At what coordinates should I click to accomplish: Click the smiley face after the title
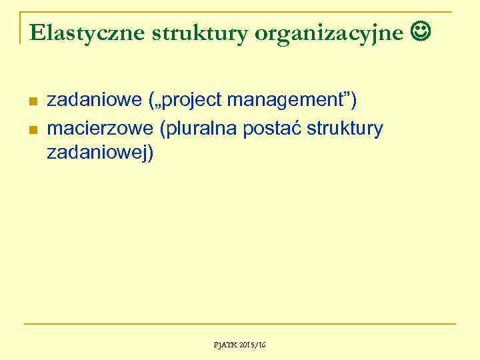[423, 31]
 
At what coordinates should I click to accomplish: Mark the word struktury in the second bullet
[347, 127]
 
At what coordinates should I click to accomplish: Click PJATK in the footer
[225, 345]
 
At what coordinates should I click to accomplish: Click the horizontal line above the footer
[240, 325]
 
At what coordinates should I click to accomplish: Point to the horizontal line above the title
[240, 12]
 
